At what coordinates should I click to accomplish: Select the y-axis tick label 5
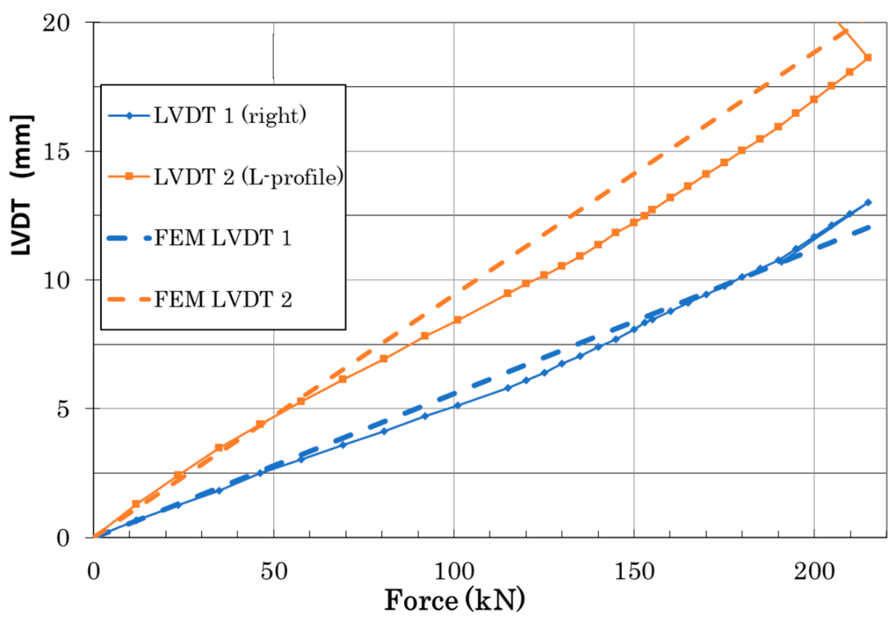click(63, 409)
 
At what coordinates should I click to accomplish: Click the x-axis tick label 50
click(273, 572)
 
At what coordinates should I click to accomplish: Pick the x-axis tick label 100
click(454, 572)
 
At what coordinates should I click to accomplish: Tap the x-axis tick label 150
click(634, 572)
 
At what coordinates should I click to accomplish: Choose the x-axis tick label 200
click(814, 572)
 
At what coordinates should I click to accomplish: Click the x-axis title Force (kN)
click(454, 600)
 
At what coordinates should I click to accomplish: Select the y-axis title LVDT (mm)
click(21, 185)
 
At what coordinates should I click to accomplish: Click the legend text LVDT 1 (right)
click(230, 115)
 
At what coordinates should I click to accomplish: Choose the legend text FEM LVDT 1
click(223, 238)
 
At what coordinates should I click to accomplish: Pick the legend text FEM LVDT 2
click(223, 299)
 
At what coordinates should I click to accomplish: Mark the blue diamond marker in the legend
click(129, 116)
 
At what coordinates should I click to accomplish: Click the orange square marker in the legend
click(129, 177)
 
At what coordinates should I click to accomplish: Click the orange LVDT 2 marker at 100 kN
click(457, 320)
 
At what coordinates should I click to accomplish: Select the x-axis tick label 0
click(94, 572)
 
